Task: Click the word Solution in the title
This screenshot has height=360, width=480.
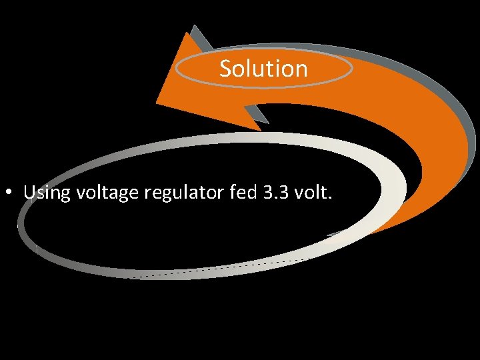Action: [263, 68]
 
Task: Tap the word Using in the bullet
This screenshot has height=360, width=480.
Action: [47, 193]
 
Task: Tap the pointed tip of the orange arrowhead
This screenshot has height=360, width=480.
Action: [157, 101]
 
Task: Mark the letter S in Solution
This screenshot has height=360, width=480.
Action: [225, 69]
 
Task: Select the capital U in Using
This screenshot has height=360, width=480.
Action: [29, 193]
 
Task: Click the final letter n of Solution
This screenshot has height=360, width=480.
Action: [301, 69]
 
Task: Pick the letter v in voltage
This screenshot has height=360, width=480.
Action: [81, 195]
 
